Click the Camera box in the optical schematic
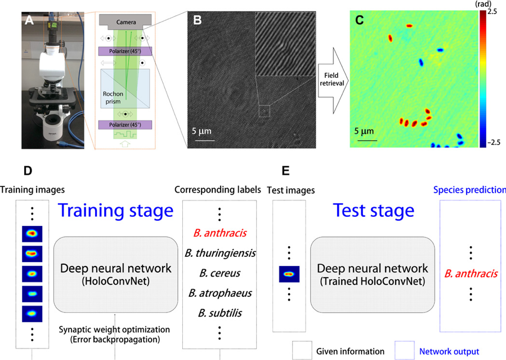[126, 21]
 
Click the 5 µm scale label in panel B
[202, 132]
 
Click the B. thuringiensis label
[220, 253]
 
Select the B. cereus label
[220, 273]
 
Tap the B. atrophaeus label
[220, 293]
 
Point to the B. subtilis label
[220, 313]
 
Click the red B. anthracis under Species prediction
[471, 274]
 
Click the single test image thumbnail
[289, 274]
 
